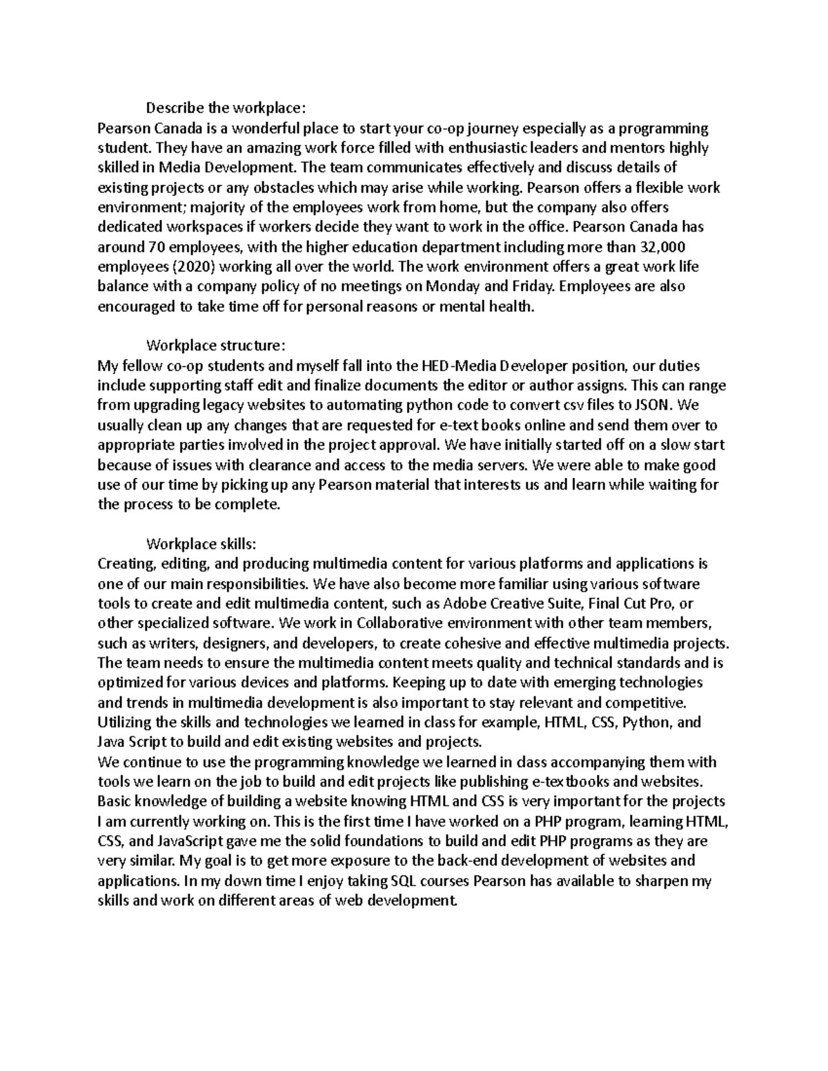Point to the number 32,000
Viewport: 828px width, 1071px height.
click(x=662, y=247)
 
